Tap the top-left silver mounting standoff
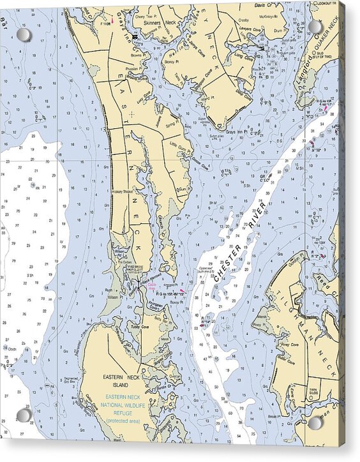24,34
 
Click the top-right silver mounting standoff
315,27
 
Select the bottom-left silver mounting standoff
24,415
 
